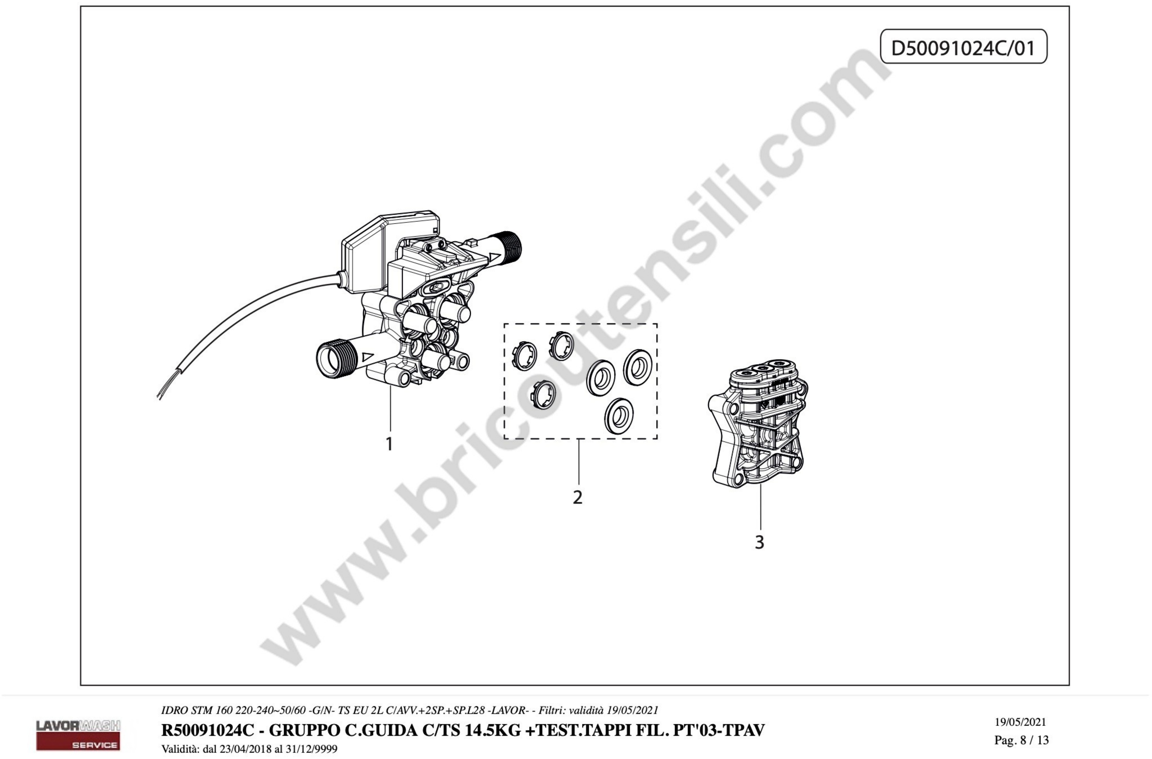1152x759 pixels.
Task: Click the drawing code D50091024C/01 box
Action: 963,46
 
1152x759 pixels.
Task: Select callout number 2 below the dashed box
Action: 577,497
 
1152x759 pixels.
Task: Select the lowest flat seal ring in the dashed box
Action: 619,416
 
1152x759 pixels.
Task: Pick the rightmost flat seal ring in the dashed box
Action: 637,367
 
